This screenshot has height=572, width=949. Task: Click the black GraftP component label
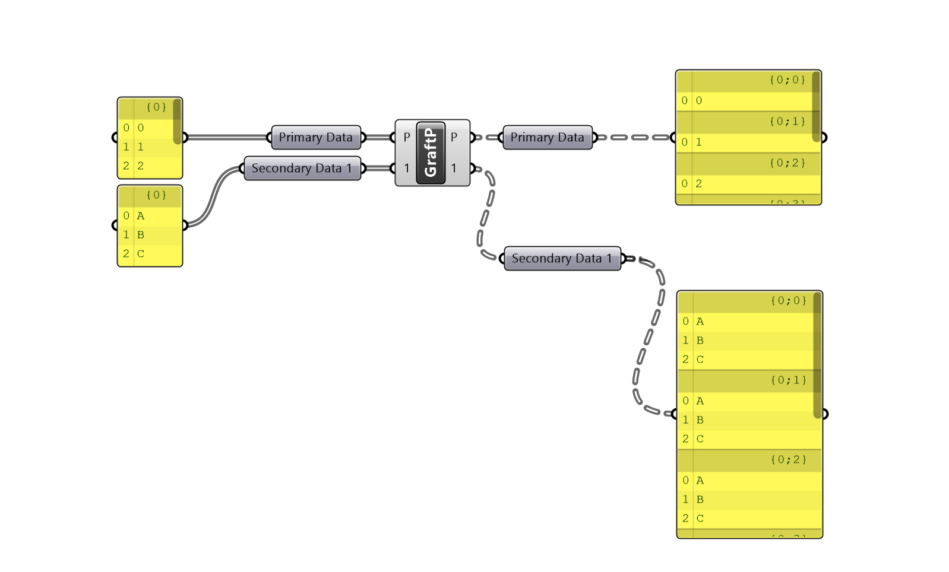pyautogui.click(x=431, y=153)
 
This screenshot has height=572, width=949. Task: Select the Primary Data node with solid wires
pyautogui.click(x=316, y=137)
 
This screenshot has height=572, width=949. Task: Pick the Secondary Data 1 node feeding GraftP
pyautogui.click(x=302, y=169)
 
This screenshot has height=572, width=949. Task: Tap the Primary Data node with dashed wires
pyautogui.click(x=548, y=137)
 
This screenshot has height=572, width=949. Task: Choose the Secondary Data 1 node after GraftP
pyautogui.click(x=562, y=259)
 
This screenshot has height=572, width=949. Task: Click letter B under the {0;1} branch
pyautogui.click(x=700, y=420)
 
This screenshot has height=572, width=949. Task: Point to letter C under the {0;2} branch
pyautogui.click(x=700, y=519)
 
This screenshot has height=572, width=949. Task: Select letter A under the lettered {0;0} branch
pyautogui.click(x=700, y=322)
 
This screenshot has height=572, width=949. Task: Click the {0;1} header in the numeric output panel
pyautogui.click(x=787, y=122)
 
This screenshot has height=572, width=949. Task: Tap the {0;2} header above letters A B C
pyautogui.click(x=789, y=460)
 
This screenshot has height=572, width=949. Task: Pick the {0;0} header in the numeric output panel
pyautogui.click(x=787, y=80)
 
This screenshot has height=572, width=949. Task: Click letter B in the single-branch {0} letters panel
pyautogui.click(x=141, y=235)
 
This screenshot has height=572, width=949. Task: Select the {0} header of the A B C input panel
pyautogui.click(x=156, y=195)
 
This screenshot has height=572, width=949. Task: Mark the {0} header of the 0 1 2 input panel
pyautogui.click(x=156, y=107)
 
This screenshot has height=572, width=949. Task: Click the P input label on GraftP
pyautogui.click(x=407, y=137)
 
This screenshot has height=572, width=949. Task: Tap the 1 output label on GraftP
pyautogui.click(x=454, y=169)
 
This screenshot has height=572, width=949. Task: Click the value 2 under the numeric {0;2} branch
pyautogui.click(x=699, y=184)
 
